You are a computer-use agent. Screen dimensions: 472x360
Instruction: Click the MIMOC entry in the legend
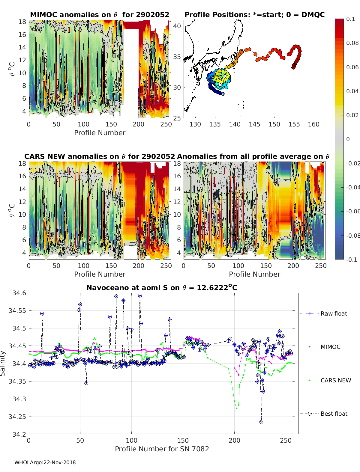pyautogui.click(x=330, y=347)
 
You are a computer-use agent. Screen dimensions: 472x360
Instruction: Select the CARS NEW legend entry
pyautogui.click(x=335, y=380)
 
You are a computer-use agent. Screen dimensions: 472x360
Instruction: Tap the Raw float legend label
pyautogui.click(x=334, y=313)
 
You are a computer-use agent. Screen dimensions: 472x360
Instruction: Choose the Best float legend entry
pyautogui.click(x=334, y=414)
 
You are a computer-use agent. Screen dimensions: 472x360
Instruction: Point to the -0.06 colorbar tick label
pyautogui.click(x=353, y=211)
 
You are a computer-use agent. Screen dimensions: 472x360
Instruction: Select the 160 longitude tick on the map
pyautogui.click(x=313, y=124)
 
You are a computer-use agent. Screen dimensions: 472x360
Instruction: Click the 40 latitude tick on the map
pyautogui.click(x=177, y=26)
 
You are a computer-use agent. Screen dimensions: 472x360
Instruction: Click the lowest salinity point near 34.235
pyautogui.click(x=261, y=422)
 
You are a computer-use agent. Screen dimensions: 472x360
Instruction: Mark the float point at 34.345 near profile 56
pyautogui.click(x=86, y=383)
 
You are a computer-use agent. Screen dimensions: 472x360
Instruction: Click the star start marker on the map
pyautogui.click(x=223, y=94)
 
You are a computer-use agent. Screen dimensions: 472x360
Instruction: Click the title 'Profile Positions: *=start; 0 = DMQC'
pyautogui.click(x=254, y=15)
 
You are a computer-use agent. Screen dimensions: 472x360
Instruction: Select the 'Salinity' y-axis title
pyautogui.click(x=3, y=363)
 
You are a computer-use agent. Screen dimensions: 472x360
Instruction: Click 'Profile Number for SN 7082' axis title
pyautogui.click(x=162, y=449)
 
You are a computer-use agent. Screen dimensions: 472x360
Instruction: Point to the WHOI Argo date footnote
pyautogui.click(x=45, y=462)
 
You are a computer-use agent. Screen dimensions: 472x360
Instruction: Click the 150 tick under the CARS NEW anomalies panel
pyautogui.click(x=111, y=266)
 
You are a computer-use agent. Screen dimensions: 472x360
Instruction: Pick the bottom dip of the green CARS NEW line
pyautogui.click(x=236, y=408)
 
